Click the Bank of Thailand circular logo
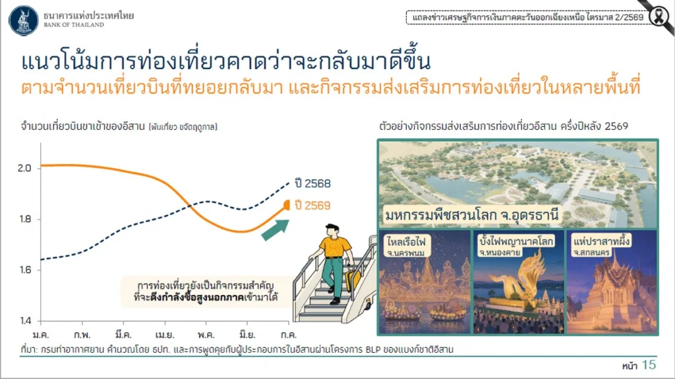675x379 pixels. point(24,20)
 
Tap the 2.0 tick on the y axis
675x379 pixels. point(24,168)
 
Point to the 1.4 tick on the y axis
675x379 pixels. point(25,320)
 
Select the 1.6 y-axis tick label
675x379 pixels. point(25,270)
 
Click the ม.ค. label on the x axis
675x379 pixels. point(41,335)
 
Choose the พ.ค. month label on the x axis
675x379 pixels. point(206,335)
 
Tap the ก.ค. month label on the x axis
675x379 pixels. point(289,335)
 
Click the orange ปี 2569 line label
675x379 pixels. point(312,206)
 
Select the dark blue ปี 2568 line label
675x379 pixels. point(312,183)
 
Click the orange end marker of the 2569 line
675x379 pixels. point(287,205)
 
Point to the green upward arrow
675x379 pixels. point(276,229)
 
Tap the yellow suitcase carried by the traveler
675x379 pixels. point(353,279)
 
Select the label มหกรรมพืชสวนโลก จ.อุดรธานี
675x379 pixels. point(472,214)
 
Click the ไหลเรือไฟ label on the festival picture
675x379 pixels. point(406,241)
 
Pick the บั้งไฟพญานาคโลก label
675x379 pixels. point(516,241)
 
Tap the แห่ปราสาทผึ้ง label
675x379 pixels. point(601,241)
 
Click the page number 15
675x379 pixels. point(649,364)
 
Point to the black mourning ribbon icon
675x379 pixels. point(659,17)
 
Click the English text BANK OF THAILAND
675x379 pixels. point(74,25)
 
